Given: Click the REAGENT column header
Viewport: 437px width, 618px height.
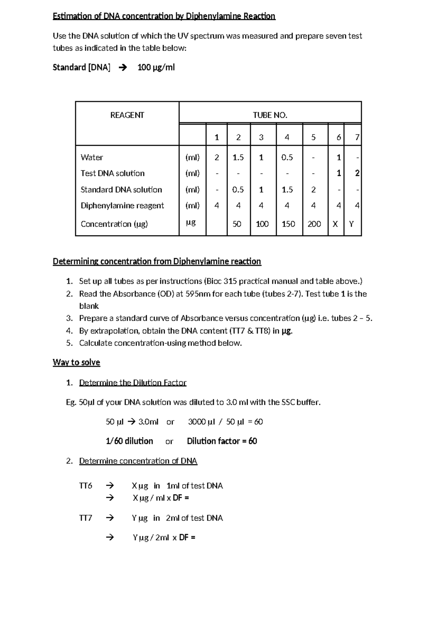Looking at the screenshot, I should pos(127,116).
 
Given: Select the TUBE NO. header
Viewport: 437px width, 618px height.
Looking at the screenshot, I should pos(270,116).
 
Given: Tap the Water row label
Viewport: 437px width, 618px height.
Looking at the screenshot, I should pos(92,157).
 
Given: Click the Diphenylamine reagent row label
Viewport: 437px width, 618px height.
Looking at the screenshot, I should pos(122,206).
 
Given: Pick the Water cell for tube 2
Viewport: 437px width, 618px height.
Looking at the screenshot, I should pos(238,157).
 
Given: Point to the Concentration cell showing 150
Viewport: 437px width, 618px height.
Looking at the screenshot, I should pos(288,224).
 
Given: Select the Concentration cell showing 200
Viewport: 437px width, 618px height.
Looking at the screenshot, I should pos(314,224).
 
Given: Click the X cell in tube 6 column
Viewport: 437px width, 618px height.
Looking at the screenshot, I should pos(335,224).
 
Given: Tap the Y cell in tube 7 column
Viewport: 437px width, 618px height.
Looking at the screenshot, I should pos(351,224).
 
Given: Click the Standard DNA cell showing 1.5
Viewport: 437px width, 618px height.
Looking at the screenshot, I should pos(287,190).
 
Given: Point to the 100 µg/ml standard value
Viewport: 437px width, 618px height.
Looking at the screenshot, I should pos(156,67).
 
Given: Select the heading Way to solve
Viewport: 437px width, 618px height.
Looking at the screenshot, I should pos(76,362).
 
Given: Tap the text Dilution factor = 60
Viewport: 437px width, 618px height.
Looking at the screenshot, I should pos(222,441).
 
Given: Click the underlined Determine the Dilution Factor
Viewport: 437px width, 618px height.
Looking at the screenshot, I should pos(133,383).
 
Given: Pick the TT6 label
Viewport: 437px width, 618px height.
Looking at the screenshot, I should pos(86,486).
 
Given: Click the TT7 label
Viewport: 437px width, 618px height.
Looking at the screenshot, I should pos(86,518).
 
